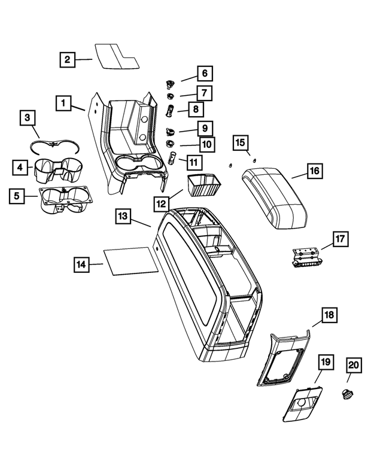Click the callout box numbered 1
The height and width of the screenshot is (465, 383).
pos(62,103)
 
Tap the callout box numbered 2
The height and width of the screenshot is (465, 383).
pos(68,59)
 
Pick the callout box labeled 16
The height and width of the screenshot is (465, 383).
pos(315,171)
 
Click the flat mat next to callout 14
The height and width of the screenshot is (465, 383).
pos(128,260)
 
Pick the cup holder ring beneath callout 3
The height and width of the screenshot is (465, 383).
pos(53,144)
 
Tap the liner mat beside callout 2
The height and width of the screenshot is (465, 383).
pos(116,57)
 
